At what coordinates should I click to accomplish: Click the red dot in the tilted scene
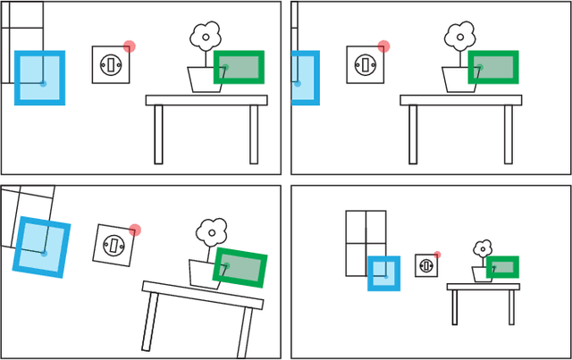pos(134,230)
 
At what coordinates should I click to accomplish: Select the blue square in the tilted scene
pos(42,247)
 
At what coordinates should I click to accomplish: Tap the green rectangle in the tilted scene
pos(240,268)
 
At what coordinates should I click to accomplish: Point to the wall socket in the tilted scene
pos(113,244)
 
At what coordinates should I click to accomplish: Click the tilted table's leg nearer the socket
pos(149,321)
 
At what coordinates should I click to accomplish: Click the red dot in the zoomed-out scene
pos(437,255)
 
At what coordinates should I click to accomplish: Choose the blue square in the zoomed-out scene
pos(384,272)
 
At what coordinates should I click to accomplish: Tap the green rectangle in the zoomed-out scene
pos(502,267)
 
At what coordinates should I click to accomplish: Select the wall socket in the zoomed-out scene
pos(426,265)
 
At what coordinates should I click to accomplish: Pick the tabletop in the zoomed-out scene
pos(483,287)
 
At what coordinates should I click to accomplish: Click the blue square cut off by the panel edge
pos(304,78)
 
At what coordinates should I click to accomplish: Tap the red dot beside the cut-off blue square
pos(383,46)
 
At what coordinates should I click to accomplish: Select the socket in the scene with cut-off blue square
pos(365,64)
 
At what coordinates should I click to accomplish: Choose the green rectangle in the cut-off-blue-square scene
pos(493,67)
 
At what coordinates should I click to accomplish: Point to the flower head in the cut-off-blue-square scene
pos(459,38)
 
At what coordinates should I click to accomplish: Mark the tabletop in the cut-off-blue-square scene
pos(460,100)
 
